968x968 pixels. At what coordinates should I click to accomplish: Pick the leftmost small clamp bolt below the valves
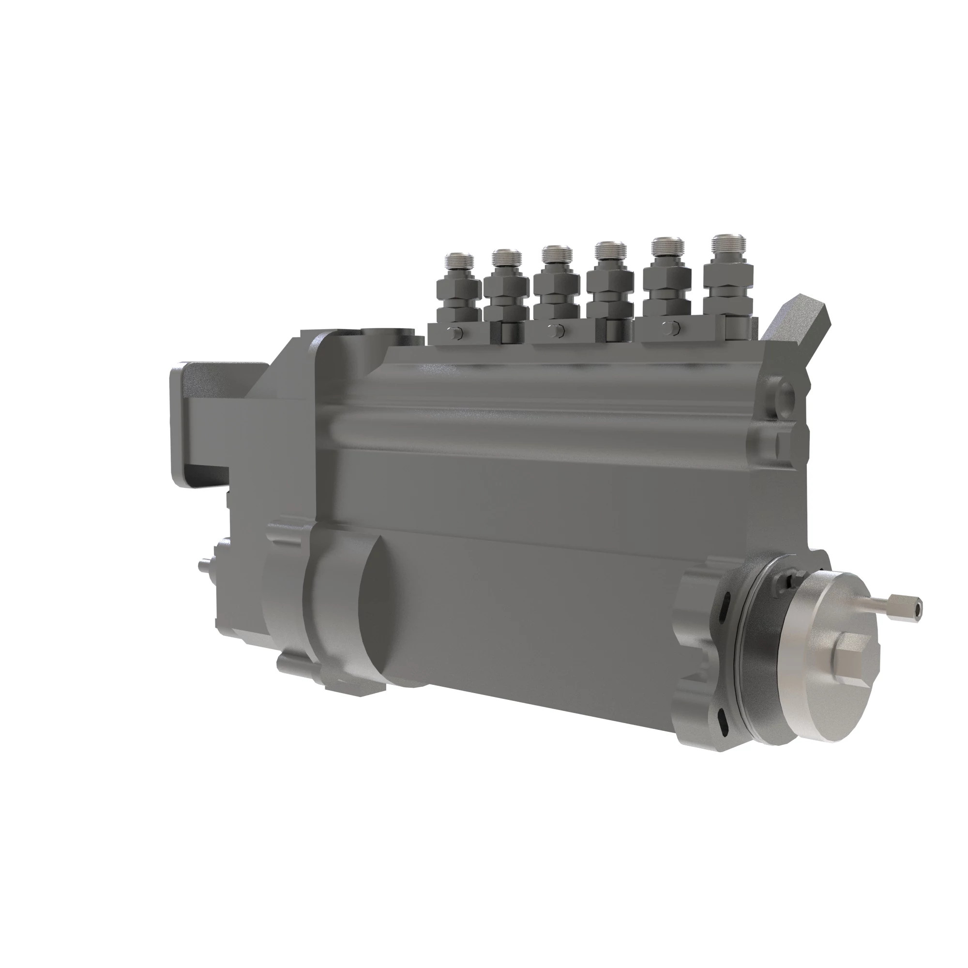click(454, 332)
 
